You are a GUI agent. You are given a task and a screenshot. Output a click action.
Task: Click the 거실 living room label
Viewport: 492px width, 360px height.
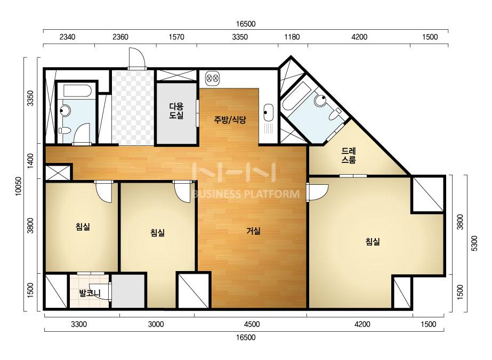coord(254,231)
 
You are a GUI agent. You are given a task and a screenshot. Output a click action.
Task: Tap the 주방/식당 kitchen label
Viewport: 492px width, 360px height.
coord(230,119)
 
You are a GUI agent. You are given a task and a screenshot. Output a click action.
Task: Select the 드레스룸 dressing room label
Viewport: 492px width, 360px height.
coord(349,156)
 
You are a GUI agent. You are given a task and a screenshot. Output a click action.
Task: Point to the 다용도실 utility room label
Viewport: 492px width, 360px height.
coord(176,111)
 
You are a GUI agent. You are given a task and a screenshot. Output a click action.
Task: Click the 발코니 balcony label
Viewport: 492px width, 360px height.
coord(90,293)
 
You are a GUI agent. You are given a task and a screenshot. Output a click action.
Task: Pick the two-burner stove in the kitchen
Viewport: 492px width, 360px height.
coord(213,77)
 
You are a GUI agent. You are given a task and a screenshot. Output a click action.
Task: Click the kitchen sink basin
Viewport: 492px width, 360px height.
coord(268,112)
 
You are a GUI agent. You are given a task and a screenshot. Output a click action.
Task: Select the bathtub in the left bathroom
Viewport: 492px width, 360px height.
coord(77,91)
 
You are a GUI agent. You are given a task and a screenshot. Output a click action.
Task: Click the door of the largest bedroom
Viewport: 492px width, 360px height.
coord(317,192)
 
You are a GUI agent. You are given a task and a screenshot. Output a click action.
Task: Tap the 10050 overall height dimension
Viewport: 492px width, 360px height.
coord(19,186)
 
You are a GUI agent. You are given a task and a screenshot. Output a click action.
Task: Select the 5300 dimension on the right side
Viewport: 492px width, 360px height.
coord(474,243)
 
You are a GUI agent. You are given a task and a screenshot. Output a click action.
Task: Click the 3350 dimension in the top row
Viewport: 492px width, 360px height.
coord(240,37)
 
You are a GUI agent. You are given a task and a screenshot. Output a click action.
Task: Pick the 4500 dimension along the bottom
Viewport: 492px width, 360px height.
coord(252,324)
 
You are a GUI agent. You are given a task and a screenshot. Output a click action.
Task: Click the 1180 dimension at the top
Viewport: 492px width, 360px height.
coord(292,37)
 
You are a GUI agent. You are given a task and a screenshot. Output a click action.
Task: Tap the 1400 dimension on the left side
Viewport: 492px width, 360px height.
coord(30,161)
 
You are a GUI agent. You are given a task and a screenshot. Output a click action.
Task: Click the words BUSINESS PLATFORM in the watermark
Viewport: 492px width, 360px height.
coord(245,194)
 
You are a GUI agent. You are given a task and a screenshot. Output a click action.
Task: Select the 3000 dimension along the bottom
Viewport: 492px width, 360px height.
coord(156,324)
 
